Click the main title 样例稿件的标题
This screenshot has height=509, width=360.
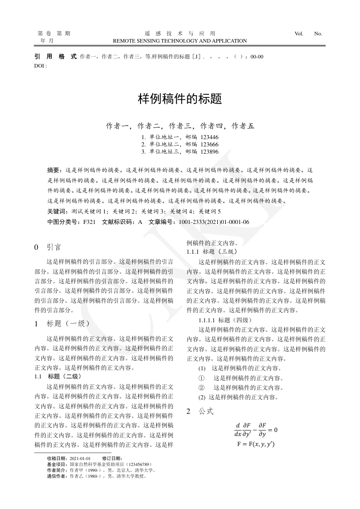(x=180, y=99)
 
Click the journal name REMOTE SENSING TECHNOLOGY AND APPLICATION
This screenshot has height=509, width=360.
(x=180, y=41)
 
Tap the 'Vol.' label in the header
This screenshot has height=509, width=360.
(x=299, y=34)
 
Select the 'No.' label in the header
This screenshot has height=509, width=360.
(x=318, y=34)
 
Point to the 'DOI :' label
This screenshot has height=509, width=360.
(x=41, y=65)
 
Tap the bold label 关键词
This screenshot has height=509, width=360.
(x=56, y=211)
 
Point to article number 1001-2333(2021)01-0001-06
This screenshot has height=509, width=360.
(x=214, y=222)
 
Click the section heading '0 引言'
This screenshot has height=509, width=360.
(x=48, y=247)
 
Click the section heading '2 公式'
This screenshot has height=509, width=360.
(x=199, y=412)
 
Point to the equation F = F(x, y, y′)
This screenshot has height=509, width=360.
(x=256, y=444)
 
